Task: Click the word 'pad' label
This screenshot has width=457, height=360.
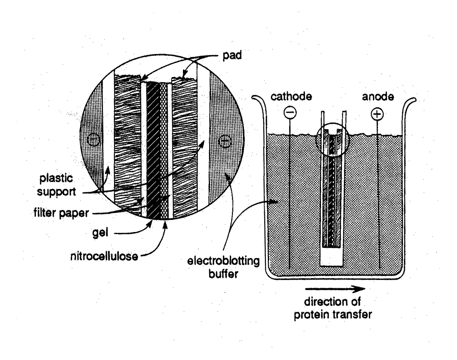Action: [x=232, y=55]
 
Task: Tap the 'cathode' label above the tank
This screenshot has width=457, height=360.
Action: [x=291, y=96]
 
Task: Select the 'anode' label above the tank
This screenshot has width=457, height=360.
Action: [x=378, y=96]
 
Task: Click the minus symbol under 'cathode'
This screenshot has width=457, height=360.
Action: [x=290, y=113]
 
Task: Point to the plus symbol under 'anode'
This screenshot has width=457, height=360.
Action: [x=377, y=114]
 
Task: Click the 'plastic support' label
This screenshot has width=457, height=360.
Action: [x=56, y=185]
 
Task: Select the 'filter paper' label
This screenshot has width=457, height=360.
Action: [x=61, y=213]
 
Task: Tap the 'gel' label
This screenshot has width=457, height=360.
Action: [x=100, y=233]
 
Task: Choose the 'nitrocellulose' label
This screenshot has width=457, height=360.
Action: [x=104, y=256]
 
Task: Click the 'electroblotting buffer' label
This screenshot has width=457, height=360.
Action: [x=224, y=267]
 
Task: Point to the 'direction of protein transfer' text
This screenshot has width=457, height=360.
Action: [x=333, y=308]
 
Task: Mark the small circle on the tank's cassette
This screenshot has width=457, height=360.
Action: [x=333, y=139]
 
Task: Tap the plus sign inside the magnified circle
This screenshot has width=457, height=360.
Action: [x=225, y=141]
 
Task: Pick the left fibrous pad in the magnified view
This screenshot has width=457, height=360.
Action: [x=127, y=144]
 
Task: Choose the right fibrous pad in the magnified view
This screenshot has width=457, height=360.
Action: [x=184, y=144]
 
